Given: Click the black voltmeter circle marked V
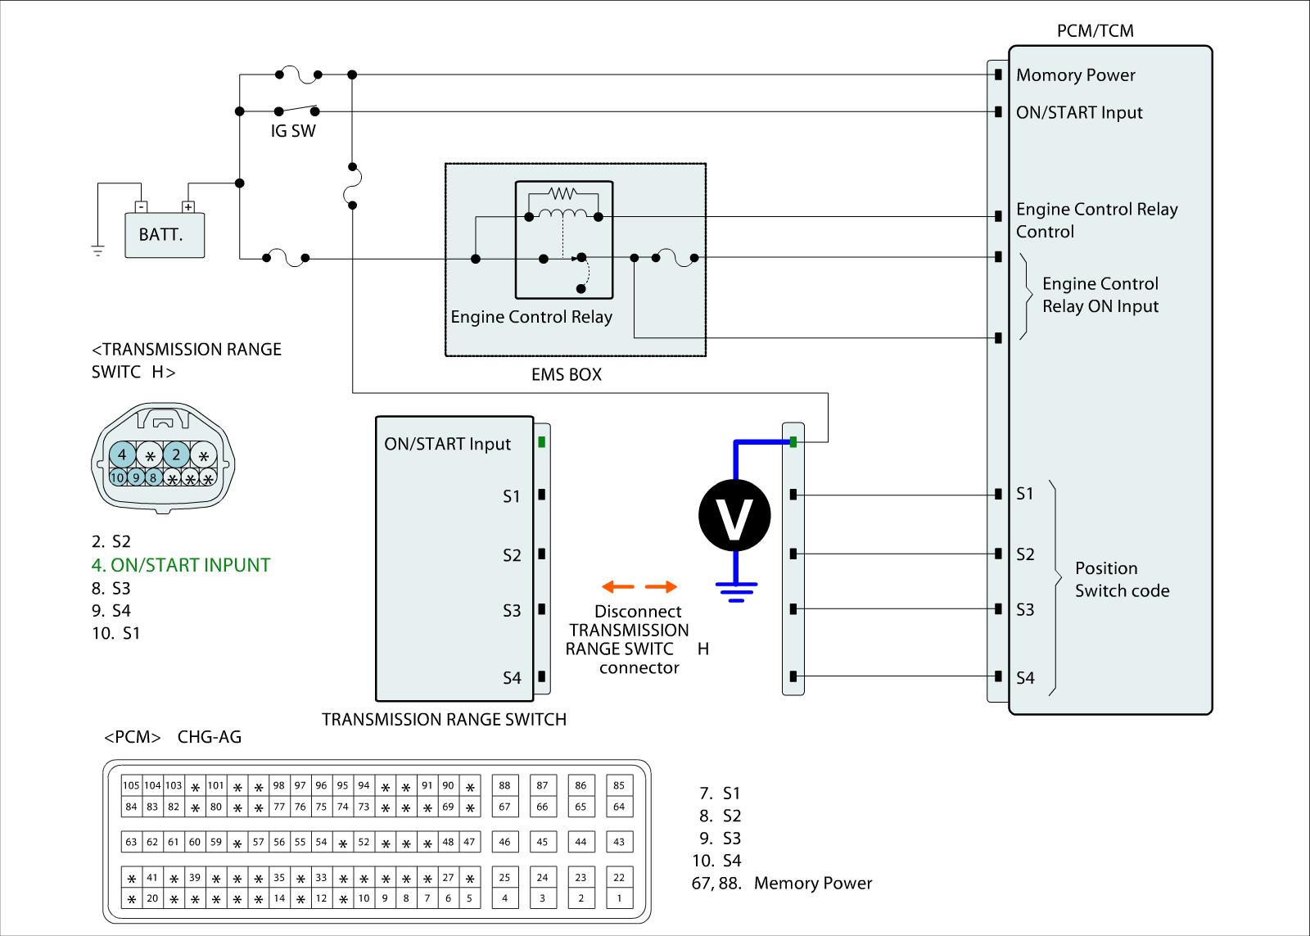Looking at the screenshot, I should pos(734,515).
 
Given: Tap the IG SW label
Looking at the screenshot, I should pos(293,131).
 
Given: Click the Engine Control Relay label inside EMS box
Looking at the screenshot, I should pos(531,317).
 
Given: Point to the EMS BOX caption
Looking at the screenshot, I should pos(567,375).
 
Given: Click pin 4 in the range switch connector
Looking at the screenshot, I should pos(122,454).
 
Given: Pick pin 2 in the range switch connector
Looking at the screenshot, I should pos(176,454).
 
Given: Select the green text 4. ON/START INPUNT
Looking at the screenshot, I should pos(181,565).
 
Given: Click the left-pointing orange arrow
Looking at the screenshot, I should pos(617,586).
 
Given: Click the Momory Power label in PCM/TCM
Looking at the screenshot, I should pos(1076,75).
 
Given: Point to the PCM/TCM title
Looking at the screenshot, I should pos(1095,31).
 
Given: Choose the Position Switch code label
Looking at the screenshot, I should pos(1122,580).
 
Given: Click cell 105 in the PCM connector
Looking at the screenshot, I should pos(131,786).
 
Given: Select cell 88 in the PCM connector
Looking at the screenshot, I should pos(504,786).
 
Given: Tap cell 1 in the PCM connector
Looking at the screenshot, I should pos(619,898).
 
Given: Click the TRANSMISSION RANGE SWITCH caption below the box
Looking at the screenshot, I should pos(444,720).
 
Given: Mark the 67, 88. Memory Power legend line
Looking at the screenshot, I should pos(782,884).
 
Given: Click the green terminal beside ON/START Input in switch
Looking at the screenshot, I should pos(542,443).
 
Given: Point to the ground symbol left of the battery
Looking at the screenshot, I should pos(98,251).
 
